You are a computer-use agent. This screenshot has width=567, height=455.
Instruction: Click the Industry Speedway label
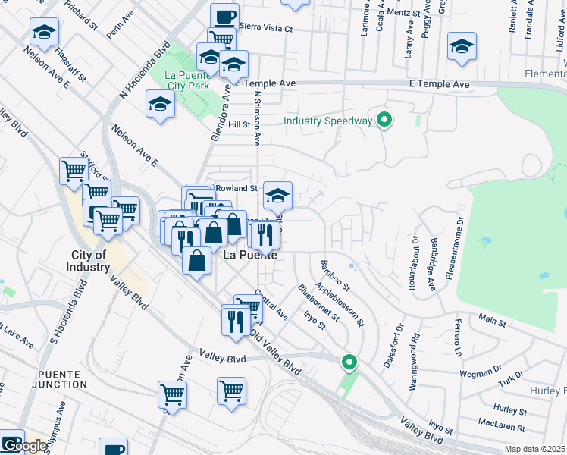coord(328,121)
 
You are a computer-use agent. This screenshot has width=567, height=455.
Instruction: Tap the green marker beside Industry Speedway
coord(385,119)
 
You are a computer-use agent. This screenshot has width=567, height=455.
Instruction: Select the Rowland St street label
coord(236,187)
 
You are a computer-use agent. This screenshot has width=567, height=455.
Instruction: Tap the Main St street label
coord(491,322)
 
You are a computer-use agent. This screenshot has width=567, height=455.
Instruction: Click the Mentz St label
coord(403,14)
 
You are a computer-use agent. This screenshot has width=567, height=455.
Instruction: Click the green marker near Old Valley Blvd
coord(349,362)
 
